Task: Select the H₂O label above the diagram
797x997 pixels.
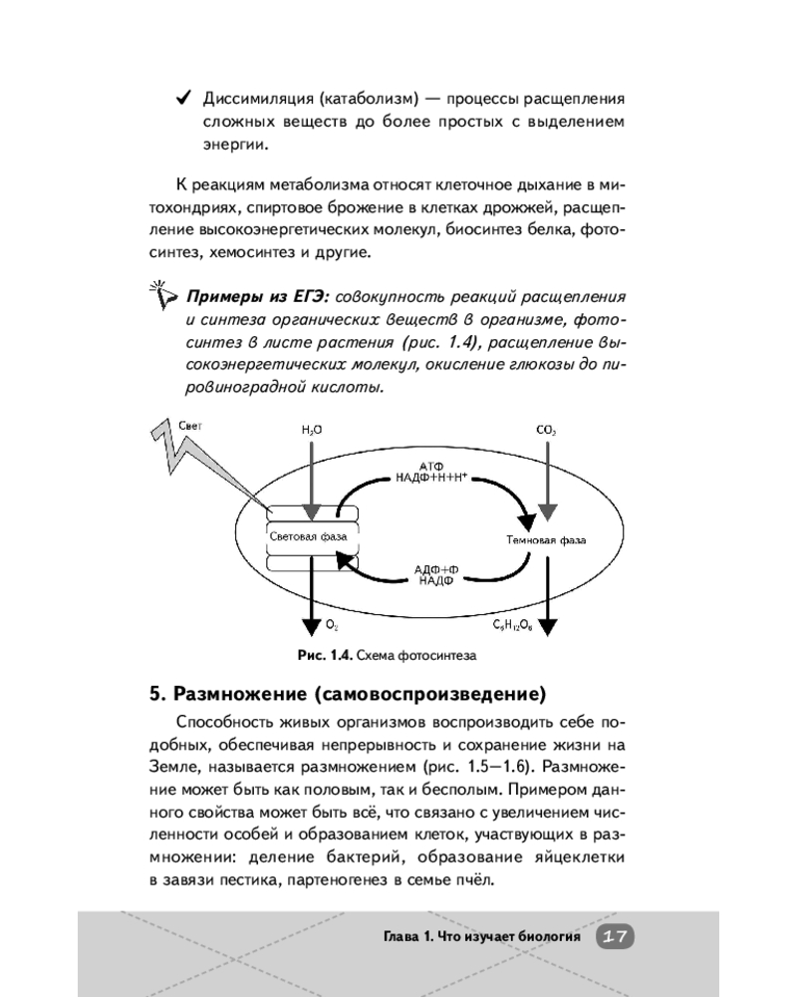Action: pyautogui.click(x=312, y=430)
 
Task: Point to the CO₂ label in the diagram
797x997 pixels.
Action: pyautogui.click(x=546, y=430)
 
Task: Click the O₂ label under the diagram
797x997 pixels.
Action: pyautogui.click(x=332, y=625)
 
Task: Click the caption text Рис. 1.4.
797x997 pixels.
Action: pyautogui.click(x=320, y=655)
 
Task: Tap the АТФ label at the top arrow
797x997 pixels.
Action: pyautogui.click(x=432, y=465)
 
